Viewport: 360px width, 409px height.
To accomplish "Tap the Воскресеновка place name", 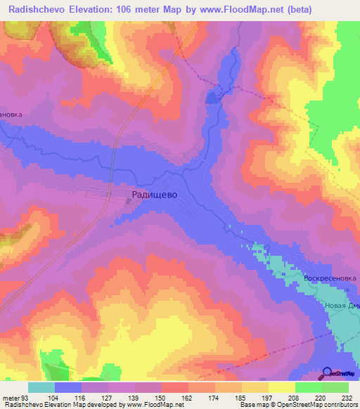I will pos(330,278).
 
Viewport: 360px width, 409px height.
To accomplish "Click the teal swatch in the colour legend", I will pos(41,387).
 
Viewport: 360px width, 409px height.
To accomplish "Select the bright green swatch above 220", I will pos(308,387).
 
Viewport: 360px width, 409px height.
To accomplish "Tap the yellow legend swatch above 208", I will pos(281,387).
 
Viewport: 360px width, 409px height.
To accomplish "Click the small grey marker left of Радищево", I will pos(127,201).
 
